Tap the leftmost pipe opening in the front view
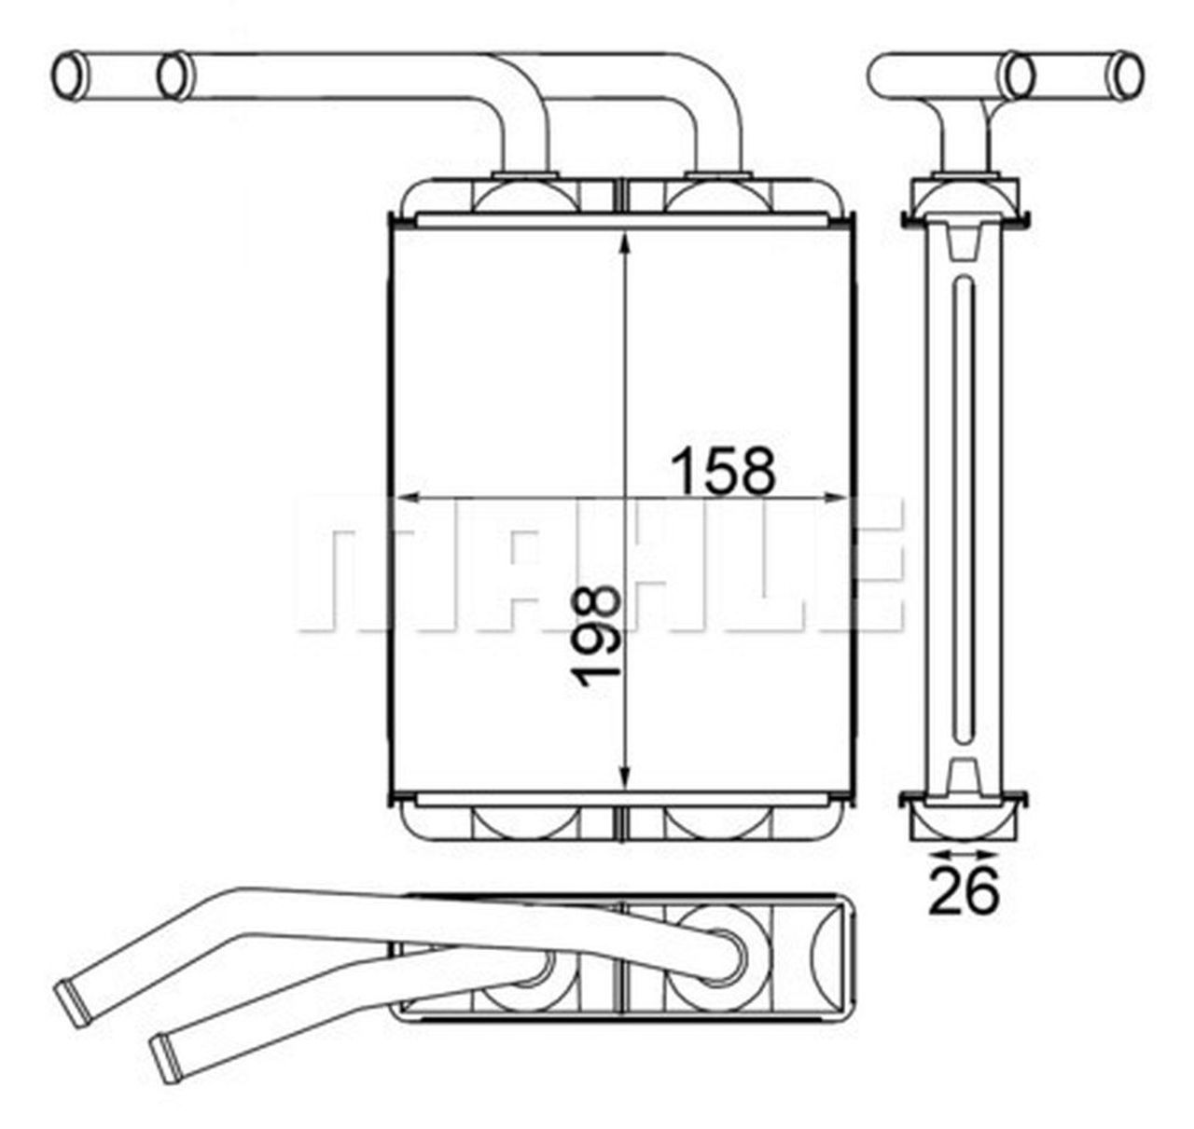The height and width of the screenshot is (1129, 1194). point(69,76)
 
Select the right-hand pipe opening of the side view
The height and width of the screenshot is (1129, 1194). point(1129,75)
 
